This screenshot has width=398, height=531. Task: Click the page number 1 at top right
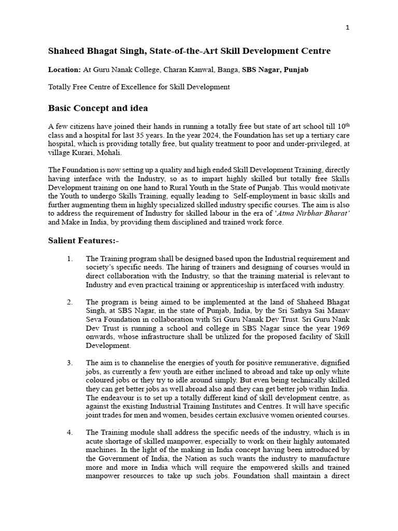(348, 27)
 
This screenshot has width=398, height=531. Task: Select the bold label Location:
(64, 69)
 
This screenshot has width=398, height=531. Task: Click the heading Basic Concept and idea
(98, 108)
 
